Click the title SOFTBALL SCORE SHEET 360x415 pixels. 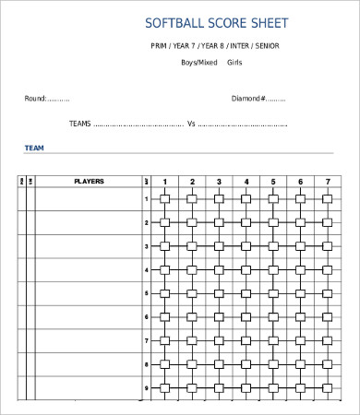(217, 22)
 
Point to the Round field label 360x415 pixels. (35, 99)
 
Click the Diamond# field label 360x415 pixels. (248, 99)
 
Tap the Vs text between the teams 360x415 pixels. (192, 123)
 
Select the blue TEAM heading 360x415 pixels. (34, 148)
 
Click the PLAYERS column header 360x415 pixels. (89, 182)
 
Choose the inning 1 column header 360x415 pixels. (164, 182)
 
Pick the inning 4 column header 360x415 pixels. (246, 182)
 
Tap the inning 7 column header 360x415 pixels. (327, 182)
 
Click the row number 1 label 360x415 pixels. (146, 199)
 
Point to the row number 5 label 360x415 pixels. (146, 293)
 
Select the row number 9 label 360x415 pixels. (146, 388)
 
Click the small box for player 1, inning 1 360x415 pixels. (164, 199)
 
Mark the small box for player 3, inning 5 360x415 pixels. (272, 246)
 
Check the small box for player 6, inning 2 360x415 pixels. (192, 317)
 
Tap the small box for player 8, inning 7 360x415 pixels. (327, 364)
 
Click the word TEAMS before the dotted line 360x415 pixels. (79, 123)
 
